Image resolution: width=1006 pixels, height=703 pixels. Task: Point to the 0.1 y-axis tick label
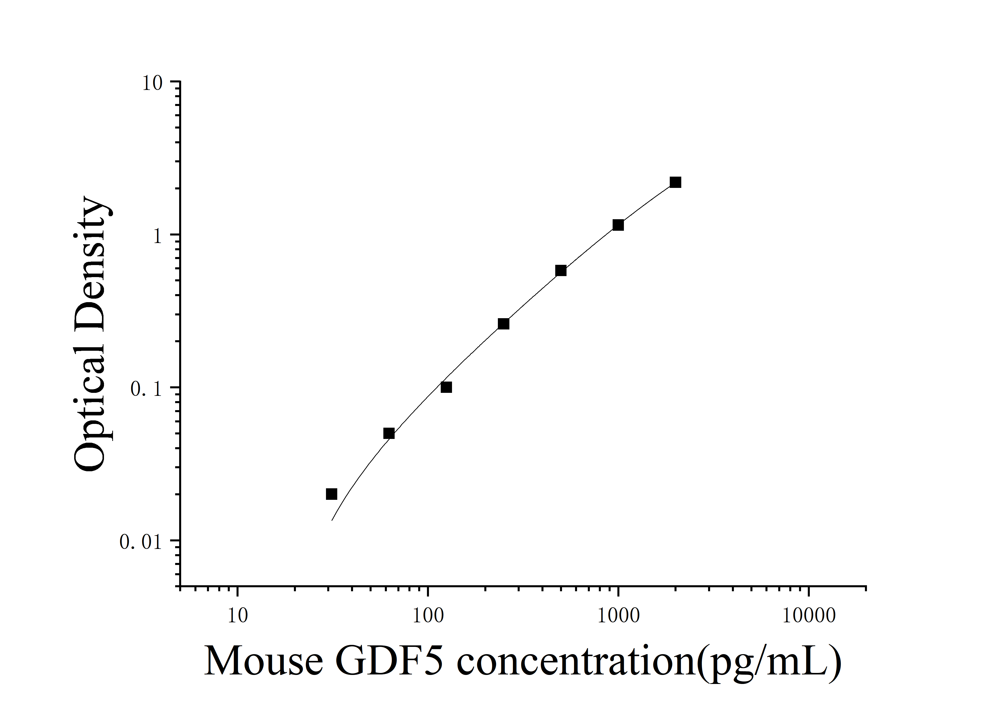[146, 389]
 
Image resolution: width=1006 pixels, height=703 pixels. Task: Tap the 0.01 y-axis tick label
[140, 542]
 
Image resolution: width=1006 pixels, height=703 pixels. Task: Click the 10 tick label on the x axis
[238, 616]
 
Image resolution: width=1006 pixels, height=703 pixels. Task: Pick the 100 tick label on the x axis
[428, 616]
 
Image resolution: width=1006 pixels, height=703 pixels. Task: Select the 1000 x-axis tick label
[618, 616]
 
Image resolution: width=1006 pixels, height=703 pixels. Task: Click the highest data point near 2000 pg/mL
[675, 182]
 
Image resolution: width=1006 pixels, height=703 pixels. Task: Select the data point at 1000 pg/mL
[618, 225]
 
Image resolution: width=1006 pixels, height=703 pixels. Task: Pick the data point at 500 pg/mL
[561, 271]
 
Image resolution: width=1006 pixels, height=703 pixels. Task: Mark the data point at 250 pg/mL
[503, 324]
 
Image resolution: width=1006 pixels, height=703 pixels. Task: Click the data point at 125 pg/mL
[446, 387]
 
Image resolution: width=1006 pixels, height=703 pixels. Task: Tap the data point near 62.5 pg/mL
[389, 433]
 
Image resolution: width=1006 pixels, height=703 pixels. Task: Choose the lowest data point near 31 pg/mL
[332, 494]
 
